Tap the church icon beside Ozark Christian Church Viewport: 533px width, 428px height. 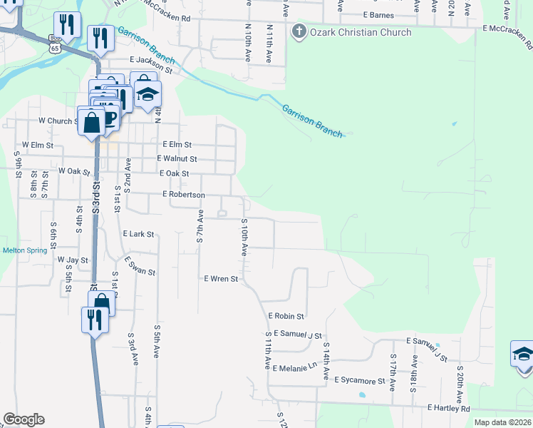tap(299, 31)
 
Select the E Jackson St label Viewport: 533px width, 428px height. tap(151, 66)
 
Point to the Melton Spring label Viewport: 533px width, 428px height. tap(25, 250)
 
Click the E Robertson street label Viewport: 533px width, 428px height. tap(184, 195)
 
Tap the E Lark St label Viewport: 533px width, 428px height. tap(138, 234)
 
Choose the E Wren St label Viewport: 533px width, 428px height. tap(221, 279)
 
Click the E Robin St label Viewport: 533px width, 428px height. tap(286, 315)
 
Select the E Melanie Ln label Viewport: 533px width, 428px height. tap(294, 367)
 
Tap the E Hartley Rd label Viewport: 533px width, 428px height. tap(449, 408)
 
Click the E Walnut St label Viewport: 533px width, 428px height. tap(177, 159)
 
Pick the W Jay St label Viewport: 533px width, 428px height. tap(73, 260)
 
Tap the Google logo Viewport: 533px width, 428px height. tap(24, 419)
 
